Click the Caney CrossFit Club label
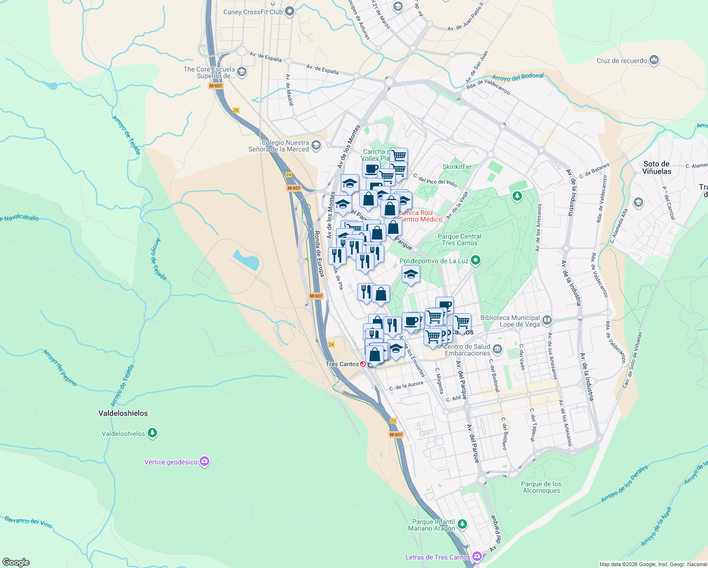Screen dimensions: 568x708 tap(253, 12)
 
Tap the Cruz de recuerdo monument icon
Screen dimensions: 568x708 tap(655, 60)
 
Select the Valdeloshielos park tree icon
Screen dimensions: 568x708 tap(152, 433)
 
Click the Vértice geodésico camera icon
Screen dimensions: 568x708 tap(204, 461)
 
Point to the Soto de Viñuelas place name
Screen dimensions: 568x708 tap(657, 168)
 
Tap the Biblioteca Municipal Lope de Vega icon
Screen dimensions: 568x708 tap(547, 320)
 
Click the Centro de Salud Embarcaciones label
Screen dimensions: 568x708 tap(468, 350)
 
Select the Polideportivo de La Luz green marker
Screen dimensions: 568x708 tap(476, 260)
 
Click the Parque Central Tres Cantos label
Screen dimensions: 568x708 tap(459, 240)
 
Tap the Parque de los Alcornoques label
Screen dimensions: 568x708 tap(541, 487)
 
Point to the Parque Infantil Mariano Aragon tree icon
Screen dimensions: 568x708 tap(462, 524)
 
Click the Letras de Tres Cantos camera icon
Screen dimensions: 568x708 tap(477, 556)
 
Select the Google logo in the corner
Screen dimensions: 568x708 tap(16, 562)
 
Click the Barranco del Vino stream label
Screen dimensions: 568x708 tap(28, 522)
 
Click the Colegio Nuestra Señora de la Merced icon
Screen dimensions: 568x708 tap(316, 145)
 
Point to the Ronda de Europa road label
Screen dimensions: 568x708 tap(319, 253)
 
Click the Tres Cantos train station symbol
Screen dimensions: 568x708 tap(363, 364)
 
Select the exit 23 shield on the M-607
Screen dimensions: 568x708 tap(393, 421)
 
